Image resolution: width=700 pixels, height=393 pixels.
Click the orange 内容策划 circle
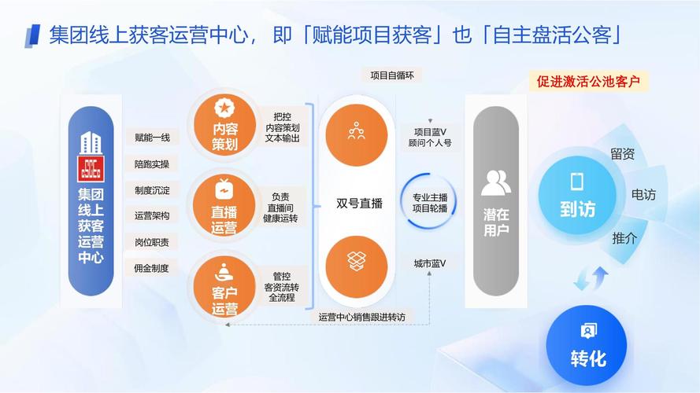point(224,126)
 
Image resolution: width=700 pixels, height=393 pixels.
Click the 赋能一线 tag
point(152,138)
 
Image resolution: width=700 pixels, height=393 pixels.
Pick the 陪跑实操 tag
point(152,163)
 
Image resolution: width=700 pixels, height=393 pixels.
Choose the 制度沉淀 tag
point(152,189)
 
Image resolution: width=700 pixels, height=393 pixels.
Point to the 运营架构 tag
point(152,215)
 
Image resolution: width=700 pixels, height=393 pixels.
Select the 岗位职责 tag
point(152,241)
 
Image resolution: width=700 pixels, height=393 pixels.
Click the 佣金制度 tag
point(152,267)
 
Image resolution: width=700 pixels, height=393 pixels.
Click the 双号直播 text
point(359,204)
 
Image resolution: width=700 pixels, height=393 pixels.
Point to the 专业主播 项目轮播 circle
point(429,203)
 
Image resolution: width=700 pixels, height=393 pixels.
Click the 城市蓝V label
point(430,263)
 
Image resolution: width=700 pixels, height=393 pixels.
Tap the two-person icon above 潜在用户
point(495,182)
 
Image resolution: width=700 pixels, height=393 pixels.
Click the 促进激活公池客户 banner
point(588,81)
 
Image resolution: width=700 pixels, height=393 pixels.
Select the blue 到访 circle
point(577,196)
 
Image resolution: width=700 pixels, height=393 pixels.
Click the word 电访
point(643,194)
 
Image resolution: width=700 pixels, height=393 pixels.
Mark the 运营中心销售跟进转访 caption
point(361,317)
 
